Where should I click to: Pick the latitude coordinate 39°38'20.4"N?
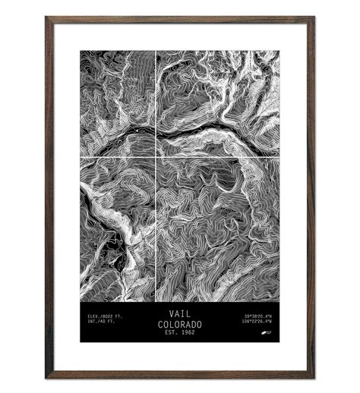[x=257, y=315]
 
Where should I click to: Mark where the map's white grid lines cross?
[x=156, y=157]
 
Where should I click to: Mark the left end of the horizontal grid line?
[x=81, y=157]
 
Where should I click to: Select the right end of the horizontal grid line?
[x=278, y=157]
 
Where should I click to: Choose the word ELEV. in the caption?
[x=94, y=315]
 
